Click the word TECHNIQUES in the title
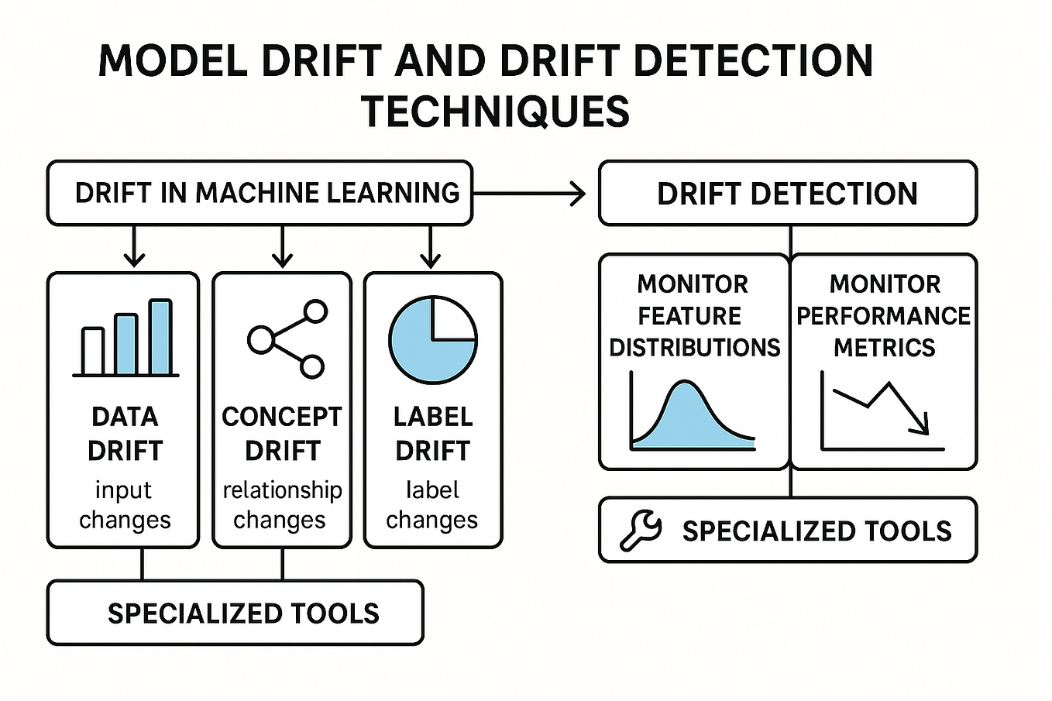495,112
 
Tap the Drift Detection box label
787,194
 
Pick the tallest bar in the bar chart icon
160,337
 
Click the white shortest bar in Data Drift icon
93,352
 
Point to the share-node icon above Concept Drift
287,338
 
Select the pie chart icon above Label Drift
432,340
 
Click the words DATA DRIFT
125,433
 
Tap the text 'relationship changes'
281,504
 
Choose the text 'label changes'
432,504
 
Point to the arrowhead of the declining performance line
920,425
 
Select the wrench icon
641,531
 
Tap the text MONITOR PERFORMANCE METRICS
884,316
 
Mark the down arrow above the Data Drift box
135,248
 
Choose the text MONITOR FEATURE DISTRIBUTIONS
693,316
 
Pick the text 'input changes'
124,504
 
